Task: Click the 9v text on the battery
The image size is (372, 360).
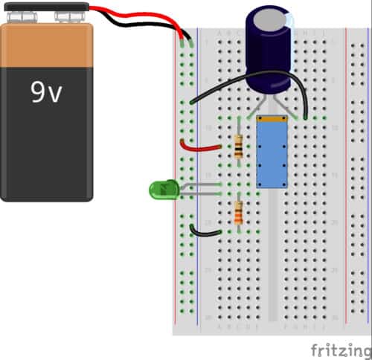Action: (46, 91)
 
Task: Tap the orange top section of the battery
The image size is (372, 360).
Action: (46, 45)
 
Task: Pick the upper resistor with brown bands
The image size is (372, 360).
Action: (238, 147)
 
